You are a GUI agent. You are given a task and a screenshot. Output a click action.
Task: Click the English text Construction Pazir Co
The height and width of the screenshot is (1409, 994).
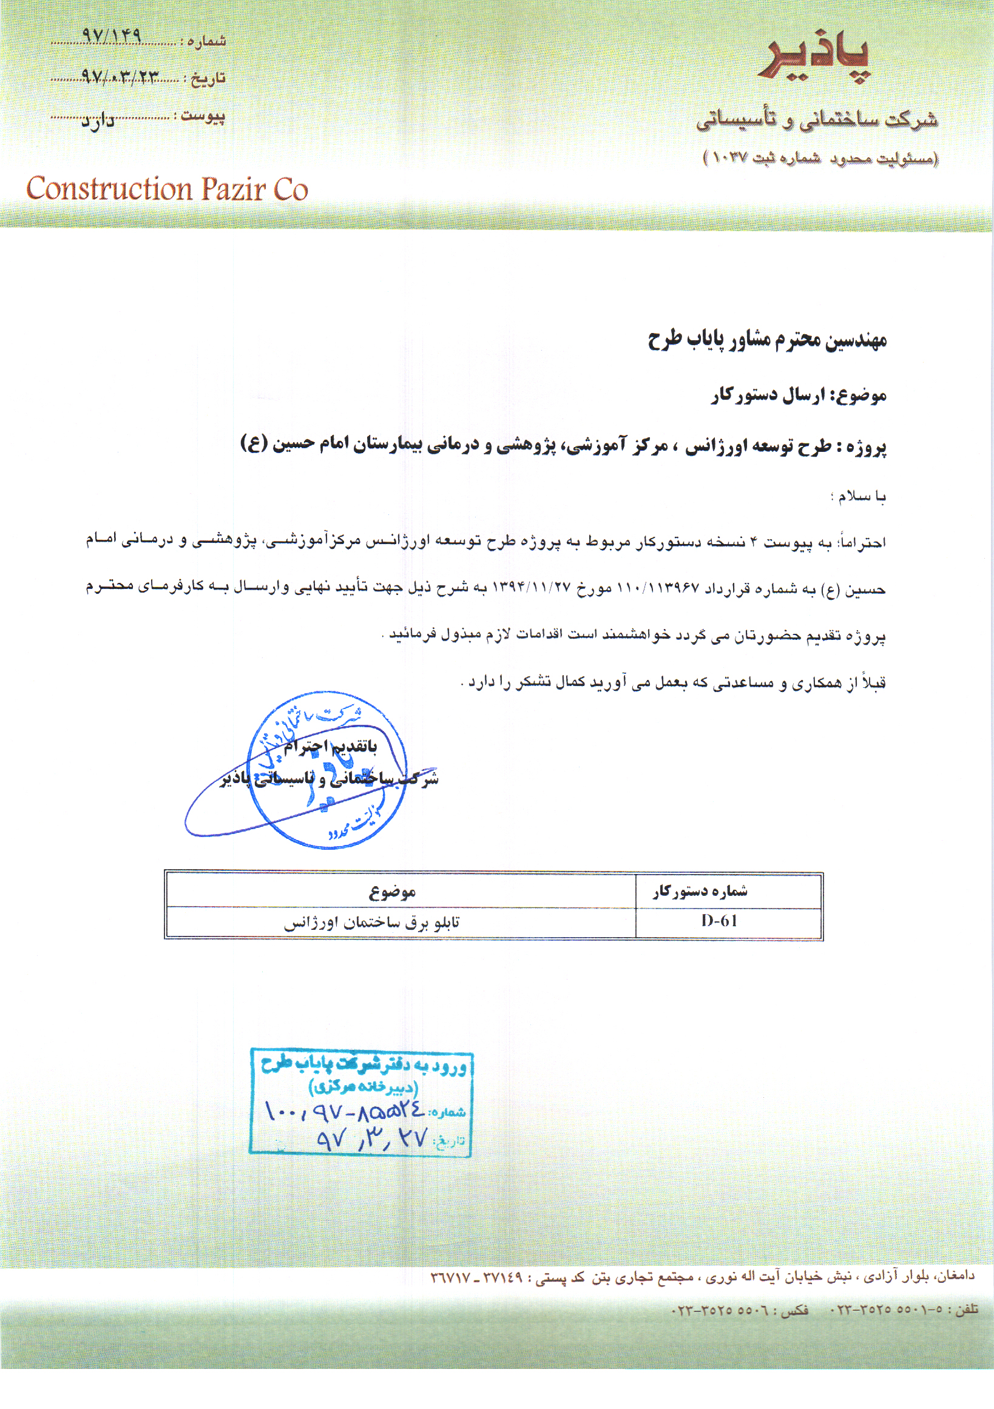pyautogui.click(x=166, y=189)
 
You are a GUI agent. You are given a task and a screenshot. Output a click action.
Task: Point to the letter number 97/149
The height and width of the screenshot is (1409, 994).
pyautogui.click(x=111, y=36)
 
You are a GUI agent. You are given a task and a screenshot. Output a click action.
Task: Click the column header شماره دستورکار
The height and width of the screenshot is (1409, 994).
pyautogui.click(x=700, y=891)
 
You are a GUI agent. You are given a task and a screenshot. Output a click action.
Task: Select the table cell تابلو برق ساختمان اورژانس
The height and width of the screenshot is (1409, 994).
pyautogui.click(x=371, y=923)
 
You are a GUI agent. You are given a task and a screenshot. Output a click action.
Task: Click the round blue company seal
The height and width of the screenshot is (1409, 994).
pyautogui.click(x=326, y=770)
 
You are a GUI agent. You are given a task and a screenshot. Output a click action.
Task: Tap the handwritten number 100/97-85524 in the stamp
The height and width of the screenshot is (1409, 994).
pyautogui.click(x=343, y=1109)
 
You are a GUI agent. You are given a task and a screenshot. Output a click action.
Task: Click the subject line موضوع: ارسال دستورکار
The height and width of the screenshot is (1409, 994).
pyautogui.click(x=798, y=396)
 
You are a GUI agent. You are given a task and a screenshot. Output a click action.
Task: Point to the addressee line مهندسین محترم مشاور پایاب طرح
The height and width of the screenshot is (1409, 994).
pyautogui.click(x=767, y=340)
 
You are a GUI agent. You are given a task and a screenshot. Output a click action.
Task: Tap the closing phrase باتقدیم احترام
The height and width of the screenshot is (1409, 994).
pyautogui.click(x=330, y=746)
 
